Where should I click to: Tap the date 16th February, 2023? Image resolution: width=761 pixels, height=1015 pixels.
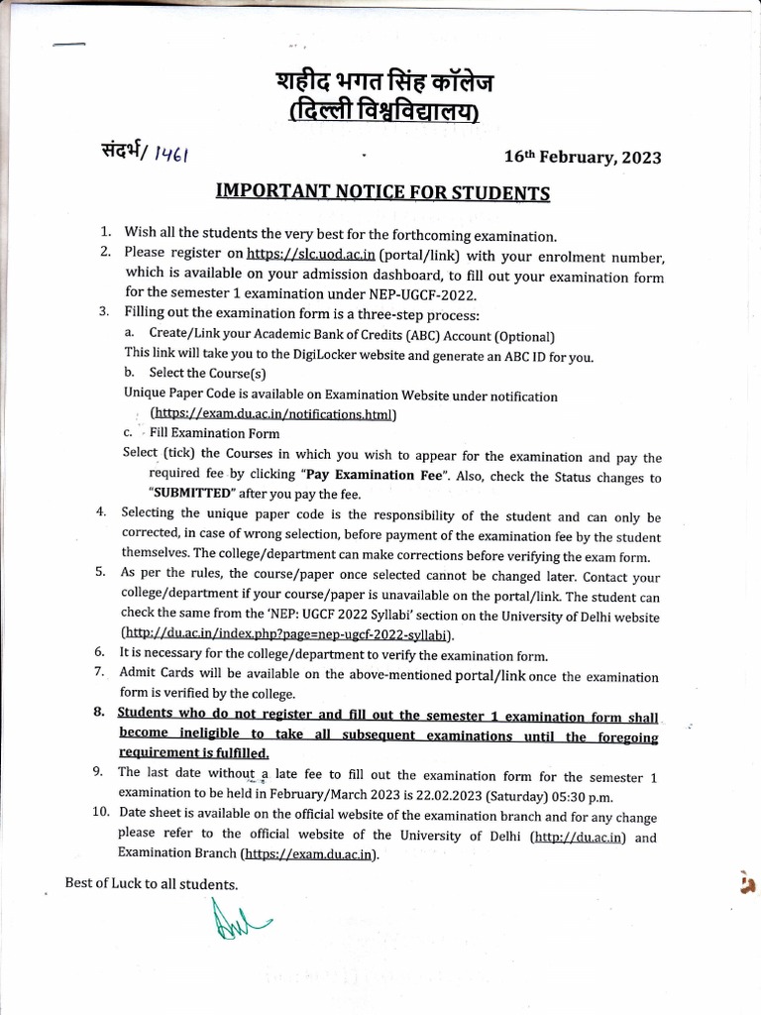click(583, 157)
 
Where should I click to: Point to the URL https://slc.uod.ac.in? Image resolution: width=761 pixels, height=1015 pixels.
click(303, 255)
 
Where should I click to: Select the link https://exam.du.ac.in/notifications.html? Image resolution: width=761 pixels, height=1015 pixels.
click(272, 414)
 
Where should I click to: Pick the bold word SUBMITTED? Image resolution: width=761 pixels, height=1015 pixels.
click(190, 494)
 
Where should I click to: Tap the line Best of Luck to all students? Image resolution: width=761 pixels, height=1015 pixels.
click(151, 883)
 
